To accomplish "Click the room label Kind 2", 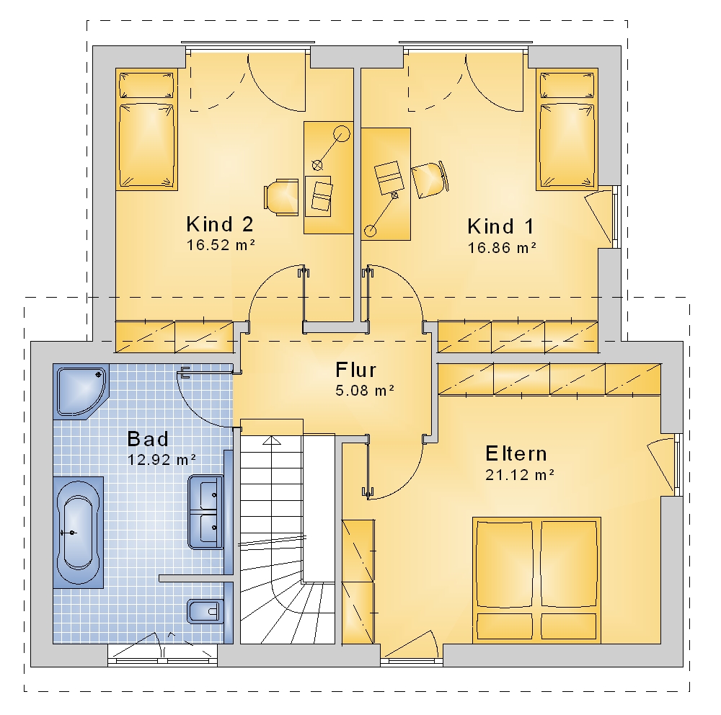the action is coord(220,224).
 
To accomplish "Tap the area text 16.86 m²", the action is coord(502,248).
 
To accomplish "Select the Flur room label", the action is coord(356,370).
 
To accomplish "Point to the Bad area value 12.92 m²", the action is coord(162,459).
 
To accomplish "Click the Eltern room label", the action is coord(516,454).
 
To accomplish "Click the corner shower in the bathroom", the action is coord(81,391).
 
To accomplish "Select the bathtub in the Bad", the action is coord(78,532).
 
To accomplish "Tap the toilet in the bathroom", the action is coord(205,611).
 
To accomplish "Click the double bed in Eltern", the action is coord(536,579).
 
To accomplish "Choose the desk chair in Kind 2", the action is coord(281,197).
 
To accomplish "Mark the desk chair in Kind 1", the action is coord(430,179).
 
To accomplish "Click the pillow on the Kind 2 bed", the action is coord(146,85).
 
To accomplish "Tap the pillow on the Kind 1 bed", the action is coord(567,85).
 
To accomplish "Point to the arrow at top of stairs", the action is coord(272,440).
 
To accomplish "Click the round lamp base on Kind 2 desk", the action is coord(341,134).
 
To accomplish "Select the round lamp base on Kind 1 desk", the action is coord(370,231).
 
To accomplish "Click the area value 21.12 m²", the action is coord(520,474).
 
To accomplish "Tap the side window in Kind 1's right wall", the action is coord(616,216).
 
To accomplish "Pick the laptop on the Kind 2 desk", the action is coord(322,196).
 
